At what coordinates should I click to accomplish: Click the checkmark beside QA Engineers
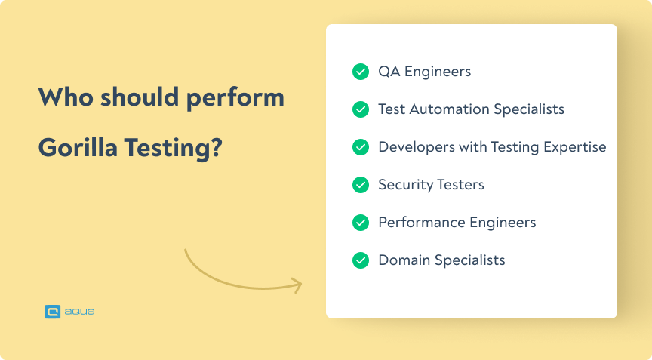tap(361, 72)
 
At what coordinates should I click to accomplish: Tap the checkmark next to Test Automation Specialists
tap(361, 109)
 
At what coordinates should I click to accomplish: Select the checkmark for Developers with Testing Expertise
tap(361, 147)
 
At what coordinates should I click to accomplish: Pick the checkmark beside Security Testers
tap(361, 185)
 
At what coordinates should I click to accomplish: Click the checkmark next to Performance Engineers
tap(361, 223)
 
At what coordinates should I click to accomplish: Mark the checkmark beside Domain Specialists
tap(361, 260)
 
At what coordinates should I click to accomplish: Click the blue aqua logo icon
tap(52, 311)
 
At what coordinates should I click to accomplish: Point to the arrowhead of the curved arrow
tap(297, 285)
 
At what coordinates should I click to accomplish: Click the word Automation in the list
tap(449, 109)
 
